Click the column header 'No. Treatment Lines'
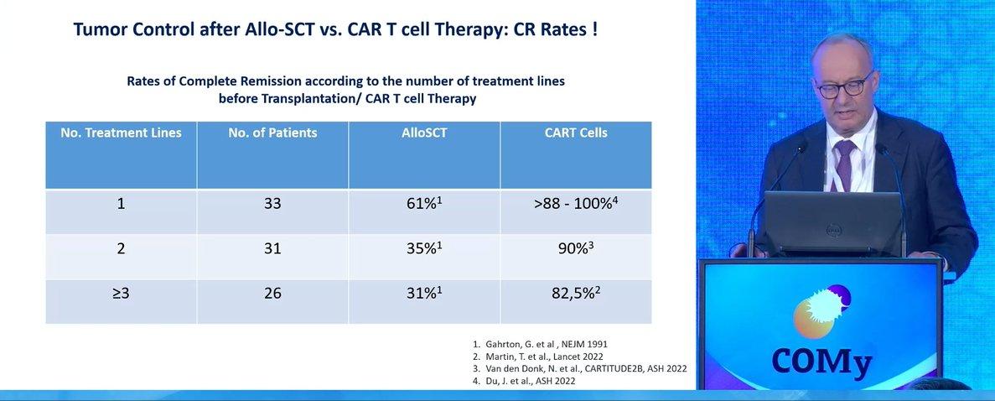122,133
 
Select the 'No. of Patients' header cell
273,133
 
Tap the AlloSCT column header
424,133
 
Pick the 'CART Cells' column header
576,133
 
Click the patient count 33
273,204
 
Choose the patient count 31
273,248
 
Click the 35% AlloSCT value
424,247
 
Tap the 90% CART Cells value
576,247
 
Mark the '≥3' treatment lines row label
122,294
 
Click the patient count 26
273,294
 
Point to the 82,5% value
576,293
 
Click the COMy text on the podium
821,362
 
